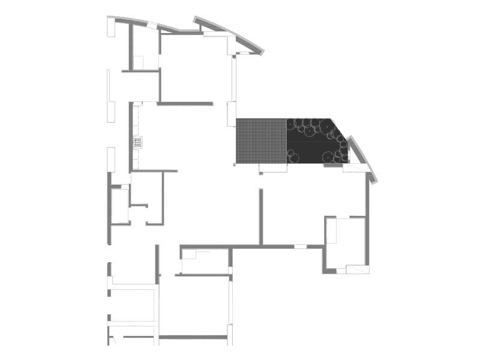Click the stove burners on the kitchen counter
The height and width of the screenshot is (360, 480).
coord(138,142)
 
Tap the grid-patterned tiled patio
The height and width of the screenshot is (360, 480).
coord(261,140)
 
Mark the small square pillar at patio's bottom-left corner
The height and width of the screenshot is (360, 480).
coord(235,163)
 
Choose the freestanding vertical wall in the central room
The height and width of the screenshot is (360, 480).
coord(261,216)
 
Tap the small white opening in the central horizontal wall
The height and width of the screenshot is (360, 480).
coord(300,245)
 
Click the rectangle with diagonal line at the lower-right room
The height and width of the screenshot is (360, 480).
coord(359,270)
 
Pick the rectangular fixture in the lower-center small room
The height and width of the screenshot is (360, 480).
coord(189,254)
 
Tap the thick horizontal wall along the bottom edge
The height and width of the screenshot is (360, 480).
coord(193,337)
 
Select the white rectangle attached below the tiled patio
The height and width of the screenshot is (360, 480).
coord(273,168)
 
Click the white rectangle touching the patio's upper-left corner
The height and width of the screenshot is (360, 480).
coord(231,114)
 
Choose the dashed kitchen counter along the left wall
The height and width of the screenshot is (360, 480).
coord(136,135)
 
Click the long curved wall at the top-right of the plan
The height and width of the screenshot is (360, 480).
coord(231,33)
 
